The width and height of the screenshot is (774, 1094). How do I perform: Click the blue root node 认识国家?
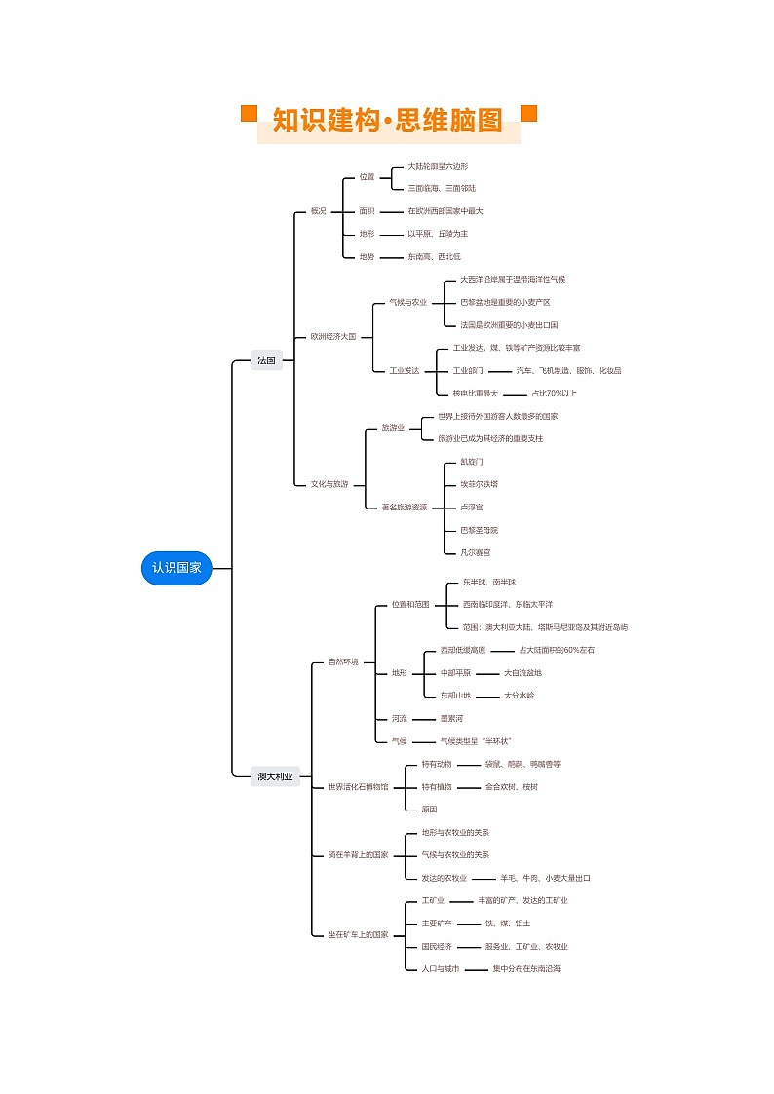pos(176,568)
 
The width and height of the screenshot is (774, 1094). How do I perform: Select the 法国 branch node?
pos(266,360)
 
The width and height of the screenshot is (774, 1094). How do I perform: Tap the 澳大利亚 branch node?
pos(275,776)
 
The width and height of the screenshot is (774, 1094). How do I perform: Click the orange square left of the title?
pos(249,114)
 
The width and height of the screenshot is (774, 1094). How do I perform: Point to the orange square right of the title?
pos(529,114)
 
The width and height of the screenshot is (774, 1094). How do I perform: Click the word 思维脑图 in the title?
pos(450,121)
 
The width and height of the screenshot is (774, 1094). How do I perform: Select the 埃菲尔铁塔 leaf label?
pos(479,484)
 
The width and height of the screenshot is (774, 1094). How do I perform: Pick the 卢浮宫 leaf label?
pos(472,508)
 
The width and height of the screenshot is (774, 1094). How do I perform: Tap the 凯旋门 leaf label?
pos(472,461)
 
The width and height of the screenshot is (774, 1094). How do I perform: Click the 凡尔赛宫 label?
pos(476,552)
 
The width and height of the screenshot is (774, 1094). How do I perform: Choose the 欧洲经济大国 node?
pos(333,336)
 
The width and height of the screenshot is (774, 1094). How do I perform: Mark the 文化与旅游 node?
pos(329,484)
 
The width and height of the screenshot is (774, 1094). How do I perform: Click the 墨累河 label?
pos(451,718)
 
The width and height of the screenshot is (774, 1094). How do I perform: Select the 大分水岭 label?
pos(519,696)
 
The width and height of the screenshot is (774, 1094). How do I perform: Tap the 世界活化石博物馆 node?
pos(358,786)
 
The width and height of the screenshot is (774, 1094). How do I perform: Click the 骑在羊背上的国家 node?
pos(358,855)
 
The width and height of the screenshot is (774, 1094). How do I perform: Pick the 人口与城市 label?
pos(441,969)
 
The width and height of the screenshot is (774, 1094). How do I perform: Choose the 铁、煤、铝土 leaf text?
pos(507,924)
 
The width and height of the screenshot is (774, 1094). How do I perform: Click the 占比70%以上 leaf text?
pos(554,394)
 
